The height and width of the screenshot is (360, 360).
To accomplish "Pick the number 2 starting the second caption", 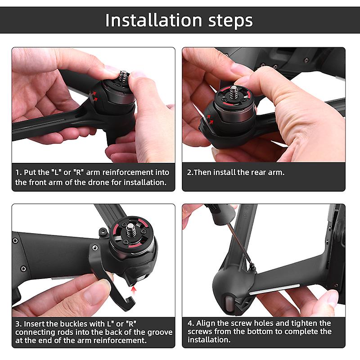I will [x=189, y=172].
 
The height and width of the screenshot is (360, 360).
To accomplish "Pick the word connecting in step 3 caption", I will [x=36, y=332].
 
